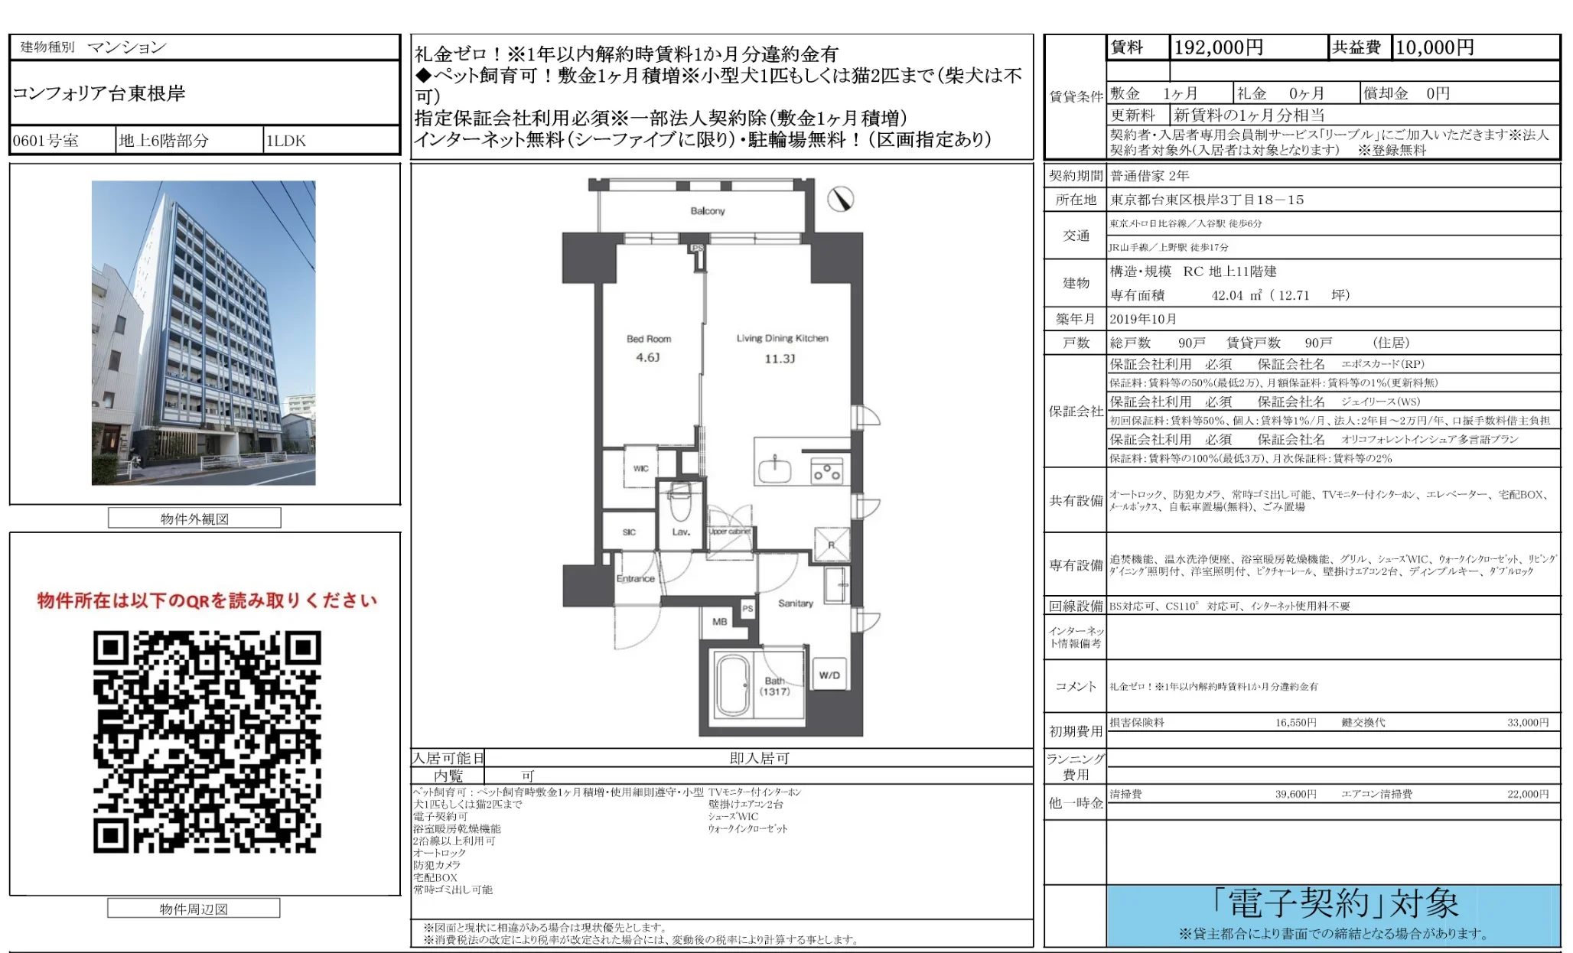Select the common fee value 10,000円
point(1435,47)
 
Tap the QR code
point(207,741)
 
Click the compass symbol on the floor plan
point(840,200)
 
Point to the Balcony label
point(708,211)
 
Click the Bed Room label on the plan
point(649,339)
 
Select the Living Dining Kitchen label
point(782,338)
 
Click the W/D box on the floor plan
point(829,675)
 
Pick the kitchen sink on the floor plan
point(775,470)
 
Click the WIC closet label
point(641,468)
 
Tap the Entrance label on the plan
point(635,578)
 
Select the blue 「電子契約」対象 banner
point(1334,915)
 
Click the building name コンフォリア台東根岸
point(99,93)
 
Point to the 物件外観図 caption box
point(194,519)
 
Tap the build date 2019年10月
point(1143,319)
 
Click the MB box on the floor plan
point(720,622)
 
